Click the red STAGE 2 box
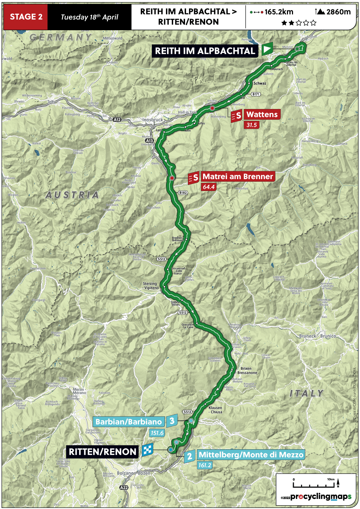pos(26,17)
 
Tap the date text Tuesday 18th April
pos(89,17)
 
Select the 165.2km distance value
pos(279,12)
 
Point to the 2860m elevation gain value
pos(338,12)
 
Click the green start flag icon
pos(267,49)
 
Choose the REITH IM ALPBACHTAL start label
pos(205,51)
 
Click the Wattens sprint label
pos(262,115)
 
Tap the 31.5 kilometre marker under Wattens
pos(251,125)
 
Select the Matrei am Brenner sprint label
pos(238,177)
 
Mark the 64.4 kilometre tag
pos(208,187)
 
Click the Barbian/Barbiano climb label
pos(129,422)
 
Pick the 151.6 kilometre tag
pos(157,433)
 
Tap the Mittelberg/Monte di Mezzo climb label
pos(251,455)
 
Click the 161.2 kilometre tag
pos(204,465)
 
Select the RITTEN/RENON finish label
pos(103,452)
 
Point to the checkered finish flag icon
pos(148,450)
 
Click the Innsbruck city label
pos(153,119)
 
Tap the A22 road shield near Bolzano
pos(124,487)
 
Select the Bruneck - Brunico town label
pos(318,336)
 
